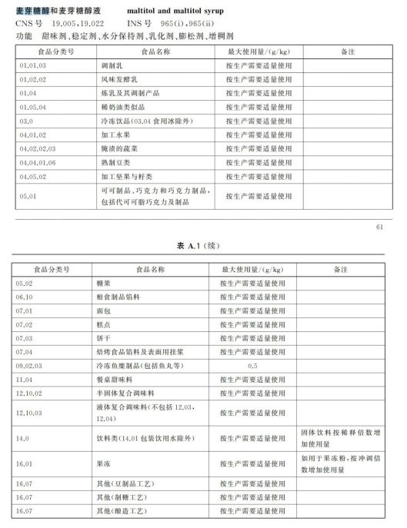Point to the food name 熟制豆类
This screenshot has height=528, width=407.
click(x=108, y=162)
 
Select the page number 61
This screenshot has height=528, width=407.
click(x=379, y=227)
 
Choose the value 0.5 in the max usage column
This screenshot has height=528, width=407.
click(x=253, y=366)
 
